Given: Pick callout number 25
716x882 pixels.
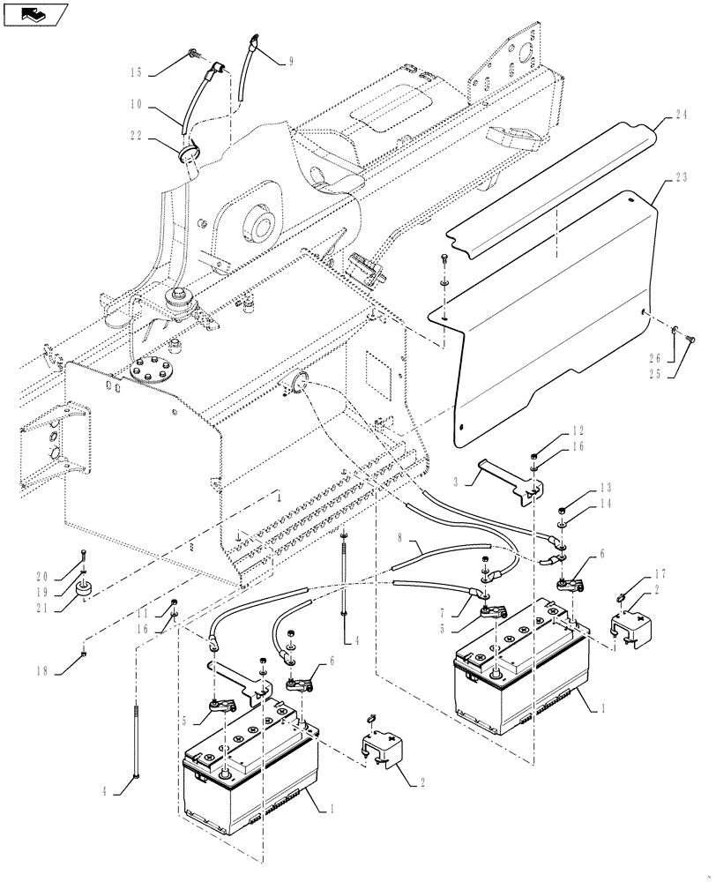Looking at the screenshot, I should (x=679, y=371).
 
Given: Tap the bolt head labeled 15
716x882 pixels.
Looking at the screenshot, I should (x=191, y=57).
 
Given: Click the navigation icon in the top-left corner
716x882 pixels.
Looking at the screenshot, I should (x=34, y=13).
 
